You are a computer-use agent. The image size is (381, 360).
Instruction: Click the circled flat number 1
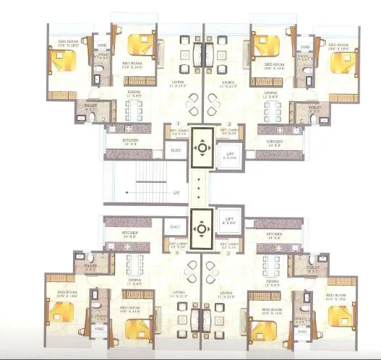[x=177, y=124]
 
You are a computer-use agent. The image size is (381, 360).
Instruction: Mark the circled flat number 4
[x=177, y=253]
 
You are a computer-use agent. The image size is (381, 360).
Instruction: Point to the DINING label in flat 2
[x=272, y=93]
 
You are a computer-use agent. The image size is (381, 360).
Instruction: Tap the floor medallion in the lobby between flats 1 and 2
[x=202, y=149]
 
